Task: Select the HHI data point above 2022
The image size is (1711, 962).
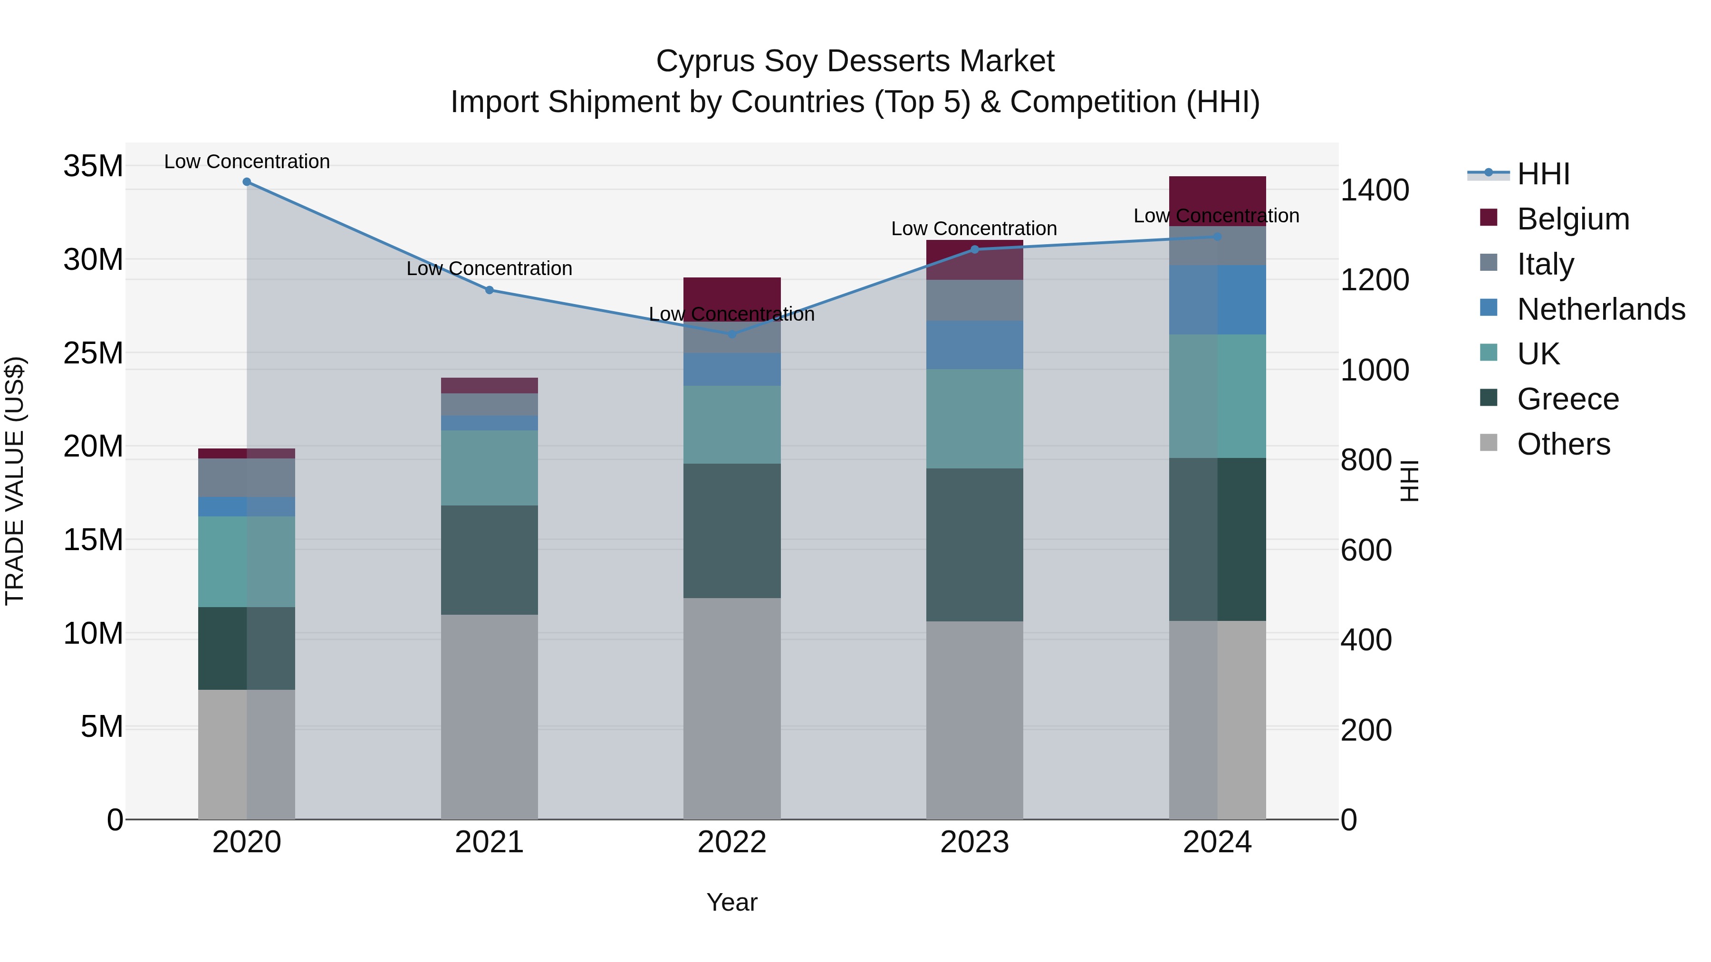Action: point(732,334)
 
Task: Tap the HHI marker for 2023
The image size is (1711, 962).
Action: point(974,249)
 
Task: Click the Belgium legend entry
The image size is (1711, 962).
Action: point(1573,219)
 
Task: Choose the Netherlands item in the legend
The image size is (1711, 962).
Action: point(1601,309)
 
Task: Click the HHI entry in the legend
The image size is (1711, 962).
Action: point(1543,174)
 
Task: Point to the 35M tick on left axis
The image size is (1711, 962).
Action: point(93,166)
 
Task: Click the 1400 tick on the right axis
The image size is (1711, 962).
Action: point(1374,190)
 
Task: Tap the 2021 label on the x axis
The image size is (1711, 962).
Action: point(489,842)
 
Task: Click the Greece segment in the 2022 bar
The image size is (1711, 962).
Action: point(732,531)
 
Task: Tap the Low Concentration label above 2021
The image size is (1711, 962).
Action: point(489,269)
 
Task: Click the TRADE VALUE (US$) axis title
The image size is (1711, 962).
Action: point(15,481)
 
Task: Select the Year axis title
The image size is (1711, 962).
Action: point(732,902)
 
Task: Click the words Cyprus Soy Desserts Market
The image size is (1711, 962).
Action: point(855,61)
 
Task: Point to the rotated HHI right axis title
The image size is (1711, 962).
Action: point(1410,481)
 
